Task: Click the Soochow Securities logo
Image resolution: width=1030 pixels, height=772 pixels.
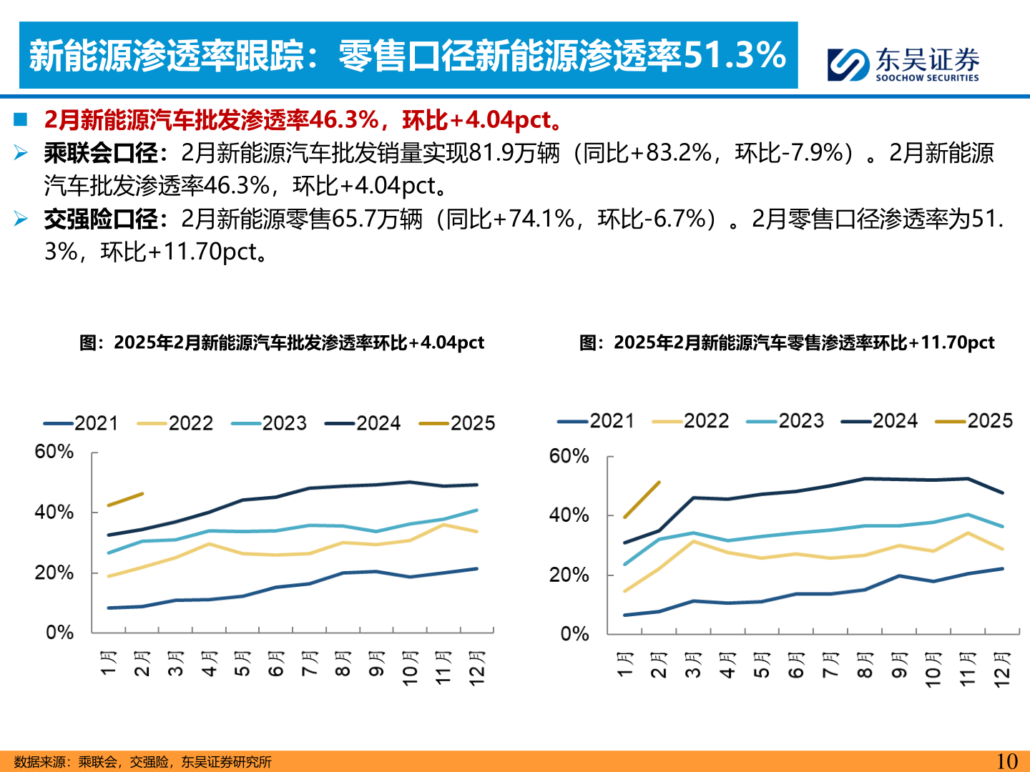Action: click(903, 64)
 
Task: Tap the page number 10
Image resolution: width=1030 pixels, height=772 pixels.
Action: click(1006, 761)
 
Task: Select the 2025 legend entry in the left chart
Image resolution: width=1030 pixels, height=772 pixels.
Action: click(458, 423)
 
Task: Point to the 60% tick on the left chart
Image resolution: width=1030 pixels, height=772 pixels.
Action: click(54, 452)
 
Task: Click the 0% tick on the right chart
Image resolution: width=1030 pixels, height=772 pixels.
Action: click(574, 634)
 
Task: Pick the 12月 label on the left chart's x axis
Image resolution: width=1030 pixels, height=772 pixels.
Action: click(477, 668)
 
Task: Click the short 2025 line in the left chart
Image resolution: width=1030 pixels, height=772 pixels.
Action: click(125, 499)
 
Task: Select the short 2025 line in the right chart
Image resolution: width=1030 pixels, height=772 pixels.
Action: click(642, 499)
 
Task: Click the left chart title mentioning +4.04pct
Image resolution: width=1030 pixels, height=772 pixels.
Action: click(282, 343)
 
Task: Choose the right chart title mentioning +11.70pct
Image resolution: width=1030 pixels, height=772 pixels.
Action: click(787, 343)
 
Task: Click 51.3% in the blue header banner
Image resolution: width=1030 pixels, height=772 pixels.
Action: click(735, 55)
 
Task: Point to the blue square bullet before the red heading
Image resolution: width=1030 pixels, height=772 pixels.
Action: click(20, 119)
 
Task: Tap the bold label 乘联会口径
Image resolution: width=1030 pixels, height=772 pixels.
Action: click(101, 153)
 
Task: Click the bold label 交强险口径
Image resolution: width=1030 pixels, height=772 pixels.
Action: click(101, 219)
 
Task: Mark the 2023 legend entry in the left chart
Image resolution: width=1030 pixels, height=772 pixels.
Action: click(270, 423)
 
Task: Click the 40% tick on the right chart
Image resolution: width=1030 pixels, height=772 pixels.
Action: click(569, 515)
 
